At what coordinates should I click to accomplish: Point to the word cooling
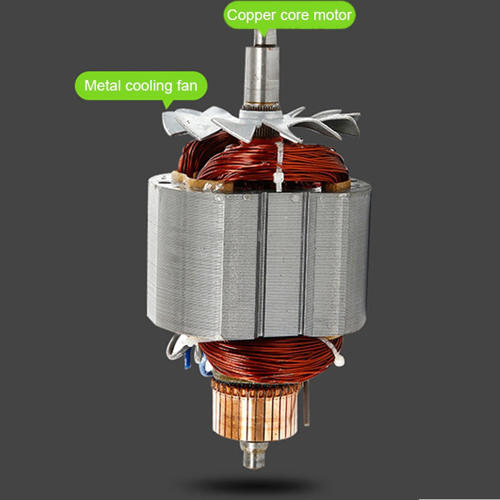(x=149, y=86)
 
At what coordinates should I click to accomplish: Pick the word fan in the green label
(x=187, y=86)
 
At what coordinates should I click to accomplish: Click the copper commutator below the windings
(x=255, y=411)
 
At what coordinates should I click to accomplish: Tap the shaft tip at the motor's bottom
(x=254, y=456)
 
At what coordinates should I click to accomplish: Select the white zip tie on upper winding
(x=278, y=167)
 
